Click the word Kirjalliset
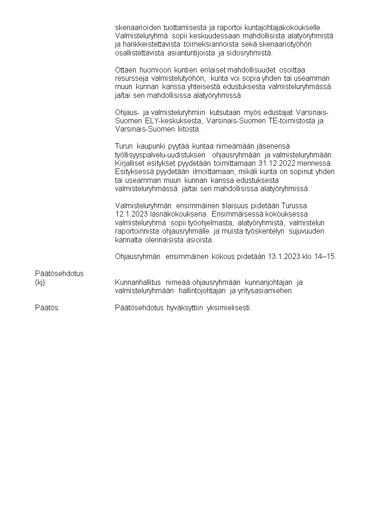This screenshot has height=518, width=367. (x=132, y=163)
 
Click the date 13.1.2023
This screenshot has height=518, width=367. (x=283, y=256)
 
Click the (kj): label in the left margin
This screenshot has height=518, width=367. (x=41, y=282)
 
